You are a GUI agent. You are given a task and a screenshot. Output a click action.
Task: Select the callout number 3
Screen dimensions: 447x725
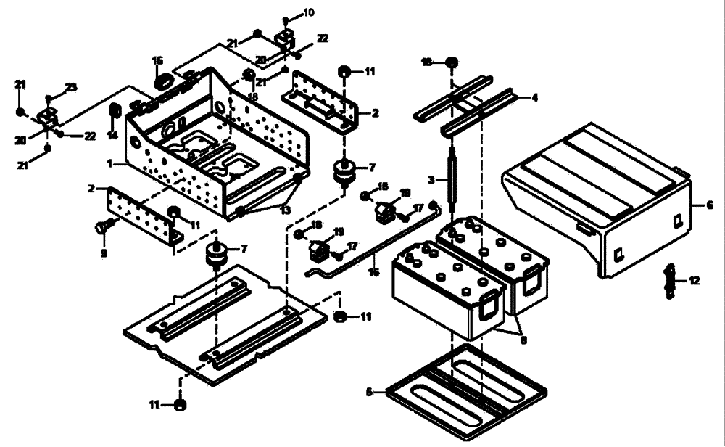coord(430,179)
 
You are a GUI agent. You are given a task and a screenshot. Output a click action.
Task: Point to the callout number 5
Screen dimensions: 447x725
coord(369,393)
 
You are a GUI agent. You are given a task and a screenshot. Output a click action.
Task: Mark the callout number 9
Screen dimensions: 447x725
coord(104,253)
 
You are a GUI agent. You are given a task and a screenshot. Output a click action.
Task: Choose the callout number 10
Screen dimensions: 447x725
coord(309,12)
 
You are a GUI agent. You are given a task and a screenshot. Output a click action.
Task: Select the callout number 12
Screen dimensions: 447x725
coord(695,281)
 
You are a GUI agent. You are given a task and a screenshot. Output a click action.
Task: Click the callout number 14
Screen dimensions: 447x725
coord(112,136)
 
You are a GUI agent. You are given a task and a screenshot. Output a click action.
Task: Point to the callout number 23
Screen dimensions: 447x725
coord(70,87)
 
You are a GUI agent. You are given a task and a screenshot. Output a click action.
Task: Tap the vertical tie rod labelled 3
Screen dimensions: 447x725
coord(451,176)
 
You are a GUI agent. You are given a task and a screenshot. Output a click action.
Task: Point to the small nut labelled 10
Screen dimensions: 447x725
coord(287,19)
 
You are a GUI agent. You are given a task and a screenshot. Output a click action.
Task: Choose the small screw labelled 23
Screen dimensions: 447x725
coord(49,98)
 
